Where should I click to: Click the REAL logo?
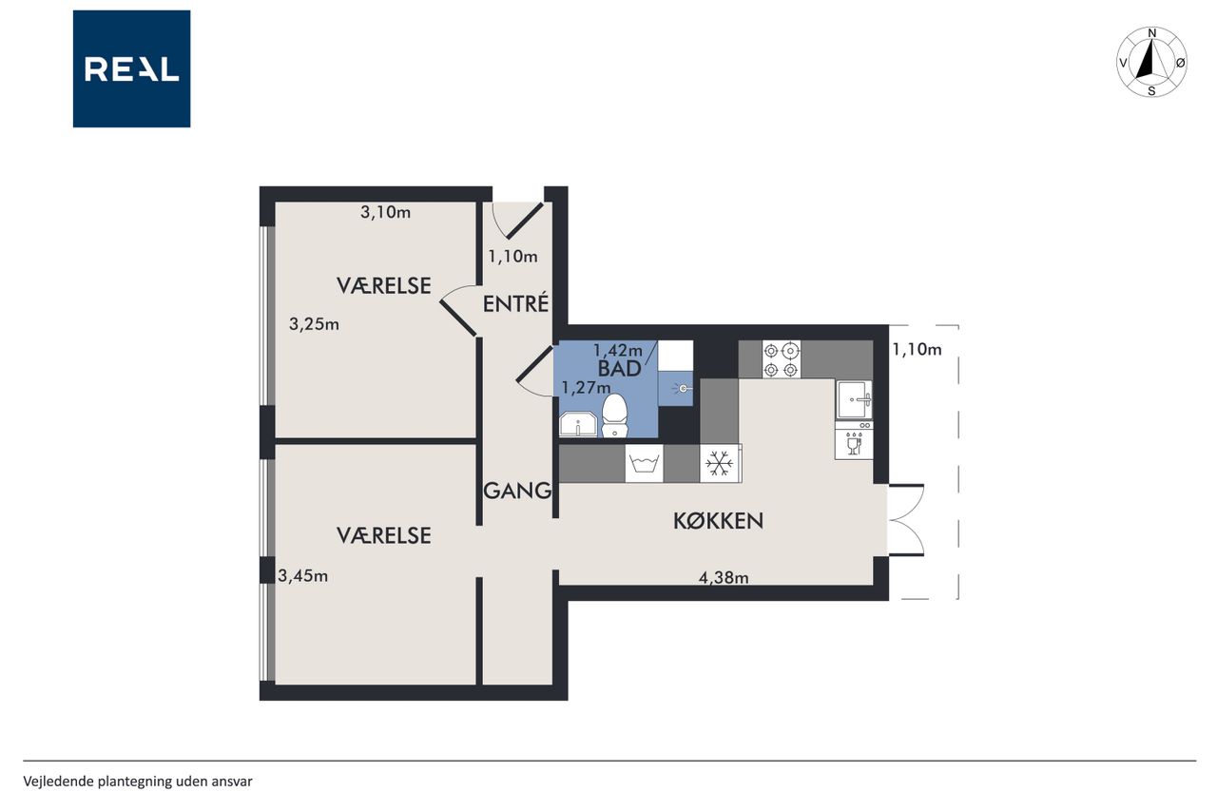click(131, 69)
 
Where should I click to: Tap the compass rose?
click(1151, 62)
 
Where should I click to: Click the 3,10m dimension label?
click(385, 212)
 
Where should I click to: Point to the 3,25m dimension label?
click(314, 324)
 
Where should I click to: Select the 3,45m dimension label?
click(302, 576)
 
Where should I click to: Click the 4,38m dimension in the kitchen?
click(724, 577)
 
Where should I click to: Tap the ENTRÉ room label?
click(515, 303)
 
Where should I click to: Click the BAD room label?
click(619, 369)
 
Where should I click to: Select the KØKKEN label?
click(718, 521)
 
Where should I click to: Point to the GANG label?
click(517, 491)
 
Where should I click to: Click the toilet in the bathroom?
click(615, 416)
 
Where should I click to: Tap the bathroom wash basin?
click(578, 424)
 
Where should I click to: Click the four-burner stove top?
click(782, 359)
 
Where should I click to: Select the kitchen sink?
click(854, 400)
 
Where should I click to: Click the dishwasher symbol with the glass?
click(854, 440)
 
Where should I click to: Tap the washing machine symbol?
click(644, 463)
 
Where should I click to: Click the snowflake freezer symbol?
click(720, 463)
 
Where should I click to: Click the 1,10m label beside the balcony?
click(917, 349)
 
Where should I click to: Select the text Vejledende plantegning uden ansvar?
click(138, 782)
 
